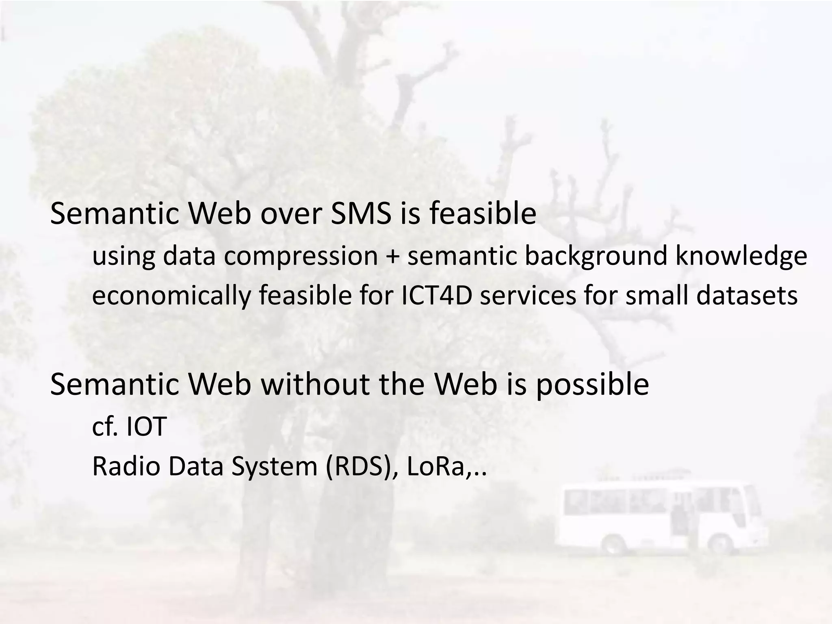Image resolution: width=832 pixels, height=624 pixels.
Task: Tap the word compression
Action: point(301,256)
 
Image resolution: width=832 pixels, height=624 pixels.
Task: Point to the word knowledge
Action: point(741,256)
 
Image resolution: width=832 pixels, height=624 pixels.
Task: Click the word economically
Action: point(171,296)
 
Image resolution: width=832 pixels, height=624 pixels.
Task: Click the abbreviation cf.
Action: point(105,426)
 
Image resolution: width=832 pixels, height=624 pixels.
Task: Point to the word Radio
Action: point(126,466)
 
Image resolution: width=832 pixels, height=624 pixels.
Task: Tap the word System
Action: point(274,466)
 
